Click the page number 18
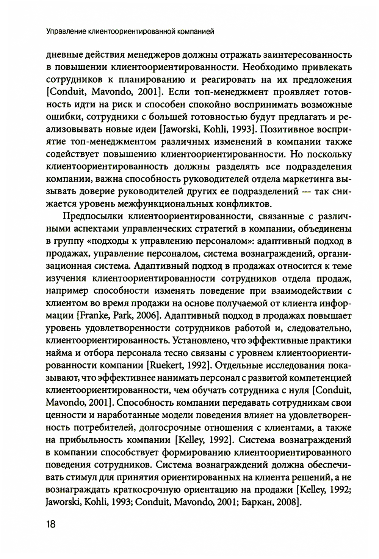point(51,524)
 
